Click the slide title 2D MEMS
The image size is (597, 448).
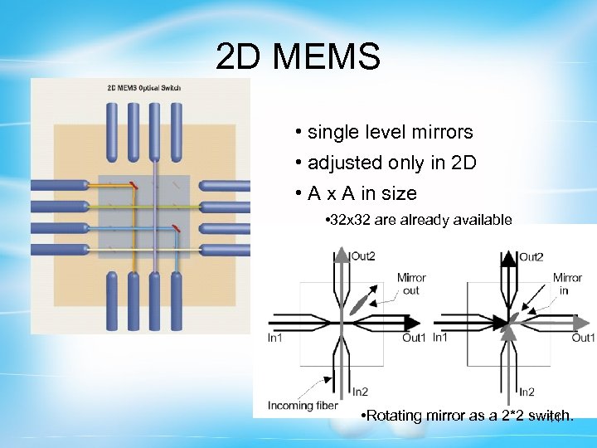coord(298,57)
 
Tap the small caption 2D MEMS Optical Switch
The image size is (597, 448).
coord(144,88)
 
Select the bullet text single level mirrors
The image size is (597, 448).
coord(390,132)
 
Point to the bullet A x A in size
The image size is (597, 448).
coord(362,194)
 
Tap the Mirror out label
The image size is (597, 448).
coord(410,284)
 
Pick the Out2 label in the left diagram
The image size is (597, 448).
coord(362,256)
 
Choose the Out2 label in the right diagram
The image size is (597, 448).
coord(531,256)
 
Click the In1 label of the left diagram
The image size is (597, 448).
coord(275,338)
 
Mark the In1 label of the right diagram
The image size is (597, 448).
coord(440,337)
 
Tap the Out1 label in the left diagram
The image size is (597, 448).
coord(414,338)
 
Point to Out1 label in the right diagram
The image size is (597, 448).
coord(583,338)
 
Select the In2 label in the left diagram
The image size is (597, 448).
coord(360,392)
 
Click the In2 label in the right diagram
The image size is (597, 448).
coord(527,392)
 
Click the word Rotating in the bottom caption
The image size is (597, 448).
coord(396,415)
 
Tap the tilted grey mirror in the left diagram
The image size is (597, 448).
coord(358,304)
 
